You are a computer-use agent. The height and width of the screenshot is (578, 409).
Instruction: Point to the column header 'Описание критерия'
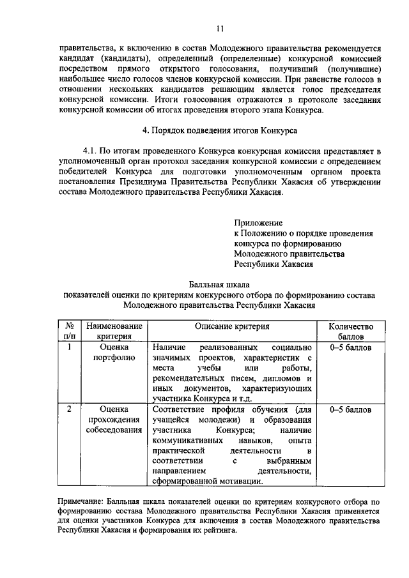point(233,326)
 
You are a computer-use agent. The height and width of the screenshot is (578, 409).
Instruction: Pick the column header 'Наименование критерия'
point(114,331)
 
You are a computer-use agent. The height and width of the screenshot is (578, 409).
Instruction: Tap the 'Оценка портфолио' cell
point(114,353)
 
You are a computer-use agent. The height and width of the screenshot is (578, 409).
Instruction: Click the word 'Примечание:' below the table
point(78,504)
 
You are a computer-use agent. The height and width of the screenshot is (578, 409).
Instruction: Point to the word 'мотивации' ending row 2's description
point(239,481)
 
